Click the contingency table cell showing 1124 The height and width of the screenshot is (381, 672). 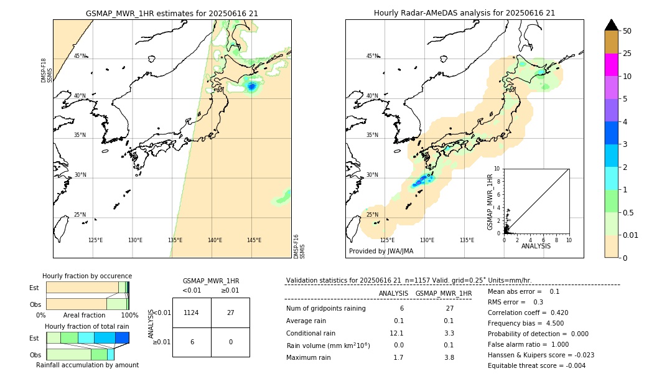point(191,313)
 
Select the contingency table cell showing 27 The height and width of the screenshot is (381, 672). point(230,313)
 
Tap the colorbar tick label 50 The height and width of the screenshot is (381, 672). point(627,31)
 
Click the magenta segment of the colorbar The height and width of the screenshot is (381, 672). point(611,65)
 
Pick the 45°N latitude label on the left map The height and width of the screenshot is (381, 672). point(80,56)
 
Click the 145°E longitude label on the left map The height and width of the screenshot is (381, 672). point(254,240)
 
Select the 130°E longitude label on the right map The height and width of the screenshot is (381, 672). point(427,240)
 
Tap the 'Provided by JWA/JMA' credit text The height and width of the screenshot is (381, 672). point(381,252)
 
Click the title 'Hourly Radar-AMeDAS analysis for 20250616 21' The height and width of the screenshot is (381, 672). point(464,13)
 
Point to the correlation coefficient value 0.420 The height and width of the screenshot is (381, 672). point(556,313)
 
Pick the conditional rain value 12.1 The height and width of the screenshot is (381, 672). point(396,333)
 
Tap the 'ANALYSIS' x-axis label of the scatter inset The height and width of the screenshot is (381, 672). point(536,246)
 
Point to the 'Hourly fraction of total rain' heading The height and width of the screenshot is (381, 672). point(87,326)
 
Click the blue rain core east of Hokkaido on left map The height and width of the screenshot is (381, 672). point(251,87)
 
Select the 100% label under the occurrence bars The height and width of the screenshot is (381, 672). point(129,316)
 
